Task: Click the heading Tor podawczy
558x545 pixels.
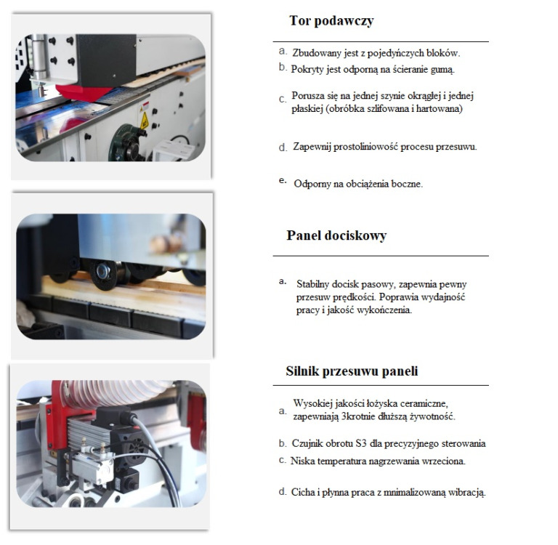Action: pyautogui.click(x=331, y=20)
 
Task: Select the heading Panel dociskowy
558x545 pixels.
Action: pyautogui.click(x=336, y=235)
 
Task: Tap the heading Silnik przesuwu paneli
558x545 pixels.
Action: pyautogui.click(x=352, y=371)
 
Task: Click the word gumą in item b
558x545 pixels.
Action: pyautogui.click(x=442, y=70)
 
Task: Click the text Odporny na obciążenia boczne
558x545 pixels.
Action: pyautogui.click(x=358, y=184)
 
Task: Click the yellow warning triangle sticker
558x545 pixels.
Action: pyautogui.click(x=144, y=121)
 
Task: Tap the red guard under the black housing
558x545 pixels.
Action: pyautogui.click(x=84, y=92)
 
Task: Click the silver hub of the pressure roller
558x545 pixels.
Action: pyautogui.click(x=103, y=272)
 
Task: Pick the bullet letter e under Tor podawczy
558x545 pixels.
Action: pyautogui.click(x=283, y=180)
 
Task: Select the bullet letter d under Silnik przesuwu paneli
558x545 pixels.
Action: pyautogui.click(x=283, y=492)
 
